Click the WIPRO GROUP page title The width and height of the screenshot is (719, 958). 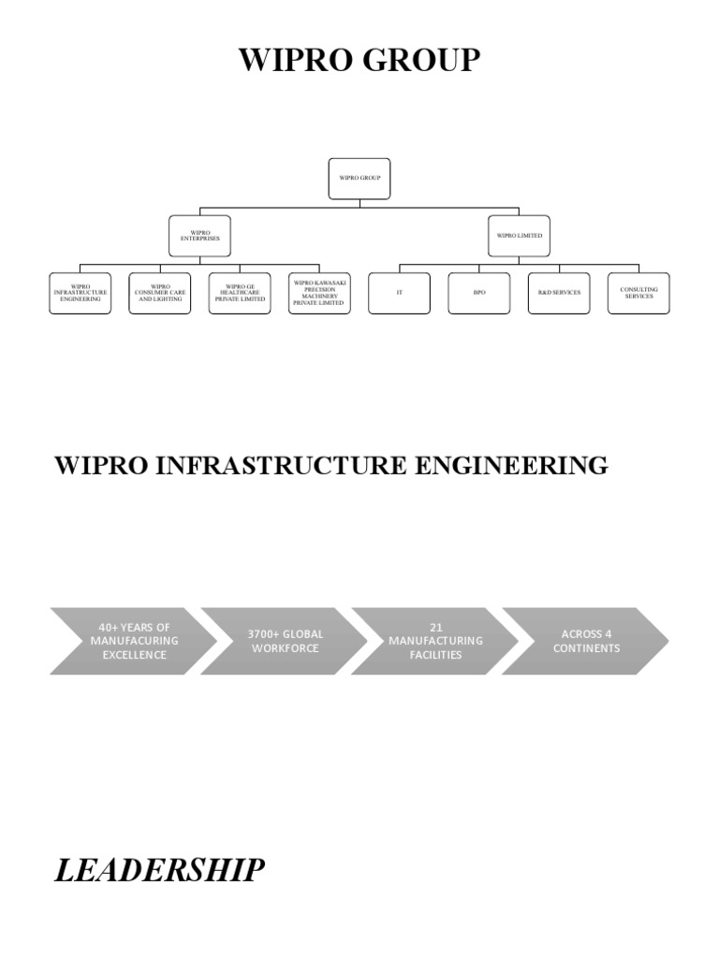click(x=359, y=60)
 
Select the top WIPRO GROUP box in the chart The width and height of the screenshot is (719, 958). click(x=359, y=178)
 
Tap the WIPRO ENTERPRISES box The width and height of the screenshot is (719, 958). click(x=199, y=236)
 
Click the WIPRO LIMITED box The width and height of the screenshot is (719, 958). click(x=519, y=236)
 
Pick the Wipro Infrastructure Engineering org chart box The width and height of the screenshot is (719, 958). click(x=80, y=293)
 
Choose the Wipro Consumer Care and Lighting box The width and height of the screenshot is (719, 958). click(x=159, y=293)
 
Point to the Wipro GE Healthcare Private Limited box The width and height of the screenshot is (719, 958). click(x=240, y=293)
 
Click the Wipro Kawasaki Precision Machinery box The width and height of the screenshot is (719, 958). click(x=319, y=293)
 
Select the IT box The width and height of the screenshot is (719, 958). click(x=400, y=293)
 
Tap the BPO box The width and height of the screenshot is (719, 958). click(x=479, y=293)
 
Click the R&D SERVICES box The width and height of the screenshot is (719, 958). click(x=559, y=293)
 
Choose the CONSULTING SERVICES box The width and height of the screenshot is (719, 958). click(x=638, y=293)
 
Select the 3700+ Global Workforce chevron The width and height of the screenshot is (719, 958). click(x=285, y=641)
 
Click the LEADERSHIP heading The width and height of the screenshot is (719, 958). click(x=159, y=870)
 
